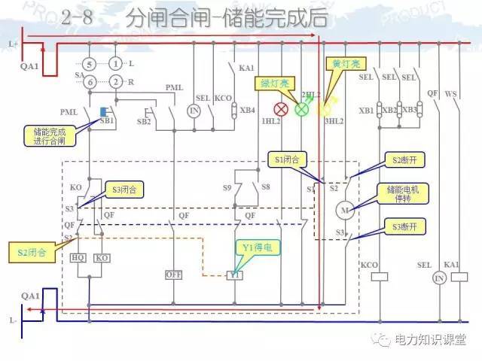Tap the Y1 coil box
point(234,275)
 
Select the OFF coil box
point(175,275)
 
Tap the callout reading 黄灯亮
point(342,65)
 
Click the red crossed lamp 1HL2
point(282,109)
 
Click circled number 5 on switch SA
point(90,65)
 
